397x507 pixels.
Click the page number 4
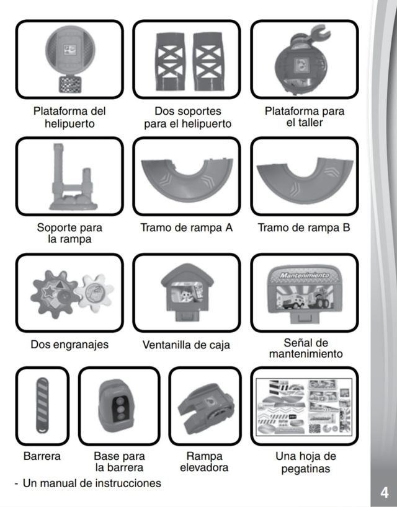click(384, 493)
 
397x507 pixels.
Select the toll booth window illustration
click(186, 293)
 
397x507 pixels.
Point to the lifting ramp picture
click(204, 407)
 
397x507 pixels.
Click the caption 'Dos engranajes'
click(69, 345)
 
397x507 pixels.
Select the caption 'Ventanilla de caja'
click(186, 345)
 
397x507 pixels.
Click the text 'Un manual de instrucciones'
click(91, 483)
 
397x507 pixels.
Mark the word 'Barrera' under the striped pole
click(42, 457)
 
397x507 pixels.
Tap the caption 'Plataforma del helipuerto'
click(69, 118)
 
